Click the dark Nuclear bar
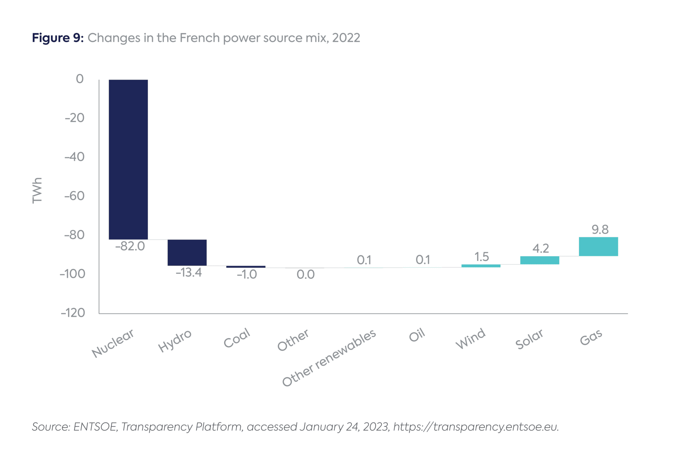point(128,160)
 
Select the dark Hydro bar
point(187,253)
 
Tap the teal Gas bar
point(598,246)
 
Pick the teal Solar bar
point(539,260)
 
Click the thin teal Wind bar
point(481,266)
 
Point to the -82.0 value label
point(130,246)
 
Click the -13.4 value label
point(189,273)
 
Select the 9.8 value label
point(600,230)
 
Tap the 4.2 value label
point(541,248)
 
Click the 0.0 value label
point(306,274)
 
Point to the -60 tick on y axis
point(75,196)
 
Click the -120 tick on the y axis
point(73,313)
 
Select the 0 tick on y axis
point(80,79)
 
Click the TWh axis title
point(37,190)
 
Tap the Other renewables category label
point(329,358)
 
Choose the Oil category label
point(417,335)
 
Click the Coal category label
point(237,338)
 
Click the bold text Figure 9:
point(57,38)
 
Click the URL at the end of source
point(476,427)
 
